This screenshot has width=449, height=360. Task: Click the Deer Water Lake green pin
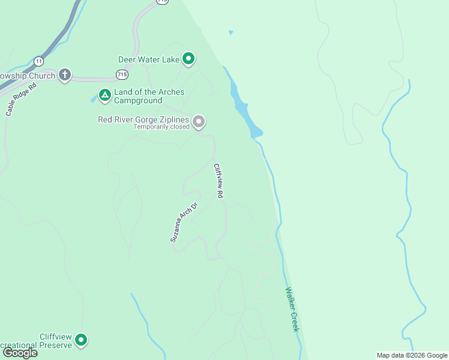[188, 59]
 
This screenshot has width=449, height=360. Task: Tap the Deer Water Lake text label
[148, 59]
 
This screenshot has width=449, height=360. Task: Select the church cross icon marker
[64, 75]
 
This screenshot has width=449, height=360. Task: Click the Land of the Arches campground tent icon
[104, 95]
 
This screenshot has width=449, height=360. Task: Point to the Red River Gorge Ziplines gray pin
[199, 122]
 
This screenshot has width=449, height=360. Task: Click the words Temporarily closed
[161, 127]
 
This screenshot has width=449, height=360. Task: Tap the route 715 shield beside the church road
[122, 74]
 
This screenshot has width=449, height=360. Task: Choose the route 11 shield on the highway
[39, 61]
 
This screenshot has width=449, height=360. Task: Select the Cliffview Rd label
[219, 181]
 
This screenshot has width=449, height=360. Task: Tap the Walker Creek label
[292, 310]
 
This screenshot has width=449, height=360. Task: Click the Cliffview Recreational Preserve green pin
[80, 340]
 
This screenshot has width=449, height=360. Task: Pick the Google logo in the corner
[20, 353]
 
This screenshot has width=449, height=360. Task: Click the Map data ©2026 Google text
[412, 355]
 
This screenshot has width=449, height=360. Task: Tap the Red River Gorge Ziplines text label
[143, 119]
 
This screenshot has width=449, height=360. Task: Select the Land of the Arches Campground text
[149, 96]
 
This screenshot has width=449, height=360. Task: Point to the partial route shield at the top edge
[162, 2]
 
